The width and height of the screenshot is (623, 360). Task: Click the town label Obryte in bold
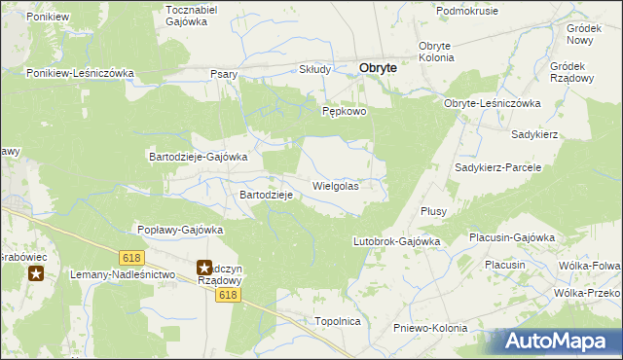point(378,68)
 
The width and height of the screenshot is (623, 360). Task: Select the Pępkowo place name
point(345,112)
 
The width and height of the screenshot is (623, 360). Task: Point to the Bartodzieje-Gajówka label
point(198,156)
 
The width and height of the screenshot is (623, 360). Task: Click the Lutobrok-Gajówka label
point(396,240)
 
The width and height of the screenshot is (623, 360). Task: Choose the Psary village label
point(225,74)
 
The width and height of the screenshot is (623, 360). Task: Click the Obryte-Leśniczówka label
point(492,103)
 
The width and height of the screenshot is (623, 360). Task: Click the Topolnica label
point(338,320)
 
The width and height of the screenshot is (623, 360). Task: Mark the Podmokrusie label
point(467,11)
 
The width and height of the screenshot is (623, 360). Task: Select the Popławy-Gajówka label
point(180,230)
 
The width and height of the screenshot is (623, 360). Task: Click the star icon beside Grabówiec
point(36,273)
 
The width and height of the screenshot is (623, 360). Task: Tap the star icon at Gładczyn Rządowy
point(204,266)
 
